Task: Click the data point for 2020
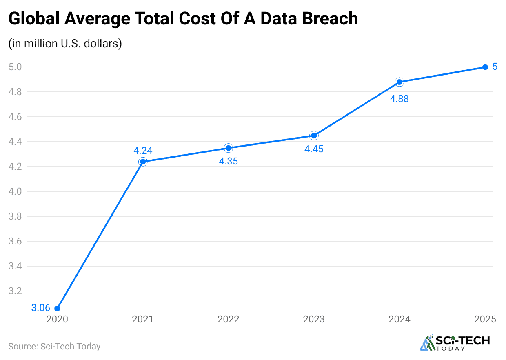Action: click(57, 309)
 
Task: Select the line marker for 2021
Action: click(143, 162)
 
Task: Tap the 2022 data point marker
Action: click(229, 148)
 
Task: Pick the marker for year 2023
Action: click(314, 136)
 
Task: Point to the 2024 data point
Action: click(399, 82)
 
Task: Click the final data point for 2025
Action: click(485, 67)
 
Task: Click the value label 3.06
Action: click(41, 308)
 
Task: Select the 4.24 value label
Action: click(143, 151)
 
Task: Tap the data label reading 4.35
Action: click(229, 161)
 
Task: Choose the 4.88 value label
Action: click(399, 99)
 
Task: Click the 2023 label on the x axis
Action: click(314, 319)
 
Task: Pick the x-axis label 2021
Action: click(143, 319)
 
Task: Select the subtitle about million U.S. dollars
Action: click(65, 44)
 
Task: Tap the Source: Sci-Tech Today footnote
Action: click(54, 347)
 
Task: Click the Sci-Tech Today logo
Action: click(455, 343)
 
